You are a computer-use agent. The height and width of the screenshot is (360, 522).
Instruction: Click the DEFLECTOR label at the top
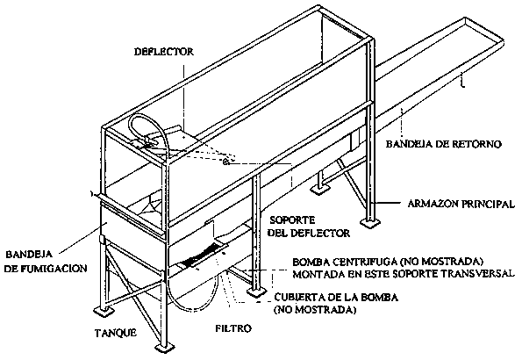pyautogui.click(x=163, y=52)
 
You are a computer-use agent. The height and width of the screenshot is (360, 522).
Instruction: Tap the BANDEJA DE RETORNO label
pyautogui.click(x=443, y=144)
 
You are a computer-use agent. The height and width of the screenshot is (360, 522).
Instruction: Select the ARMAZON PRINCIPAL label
pyautogui.click(x=461, y=204)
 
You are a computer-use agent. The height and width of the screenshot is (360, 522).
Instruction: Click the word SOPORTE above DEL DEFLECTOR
pyautogui.click(x=292, y=220)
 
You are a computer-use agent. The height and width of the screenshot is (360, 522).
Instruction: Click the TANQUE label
pyautogui.click(x=116, y=333)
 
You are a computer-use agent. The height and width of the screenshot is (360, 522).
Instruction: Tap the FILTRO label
pyautogui.click(x=233, y=328)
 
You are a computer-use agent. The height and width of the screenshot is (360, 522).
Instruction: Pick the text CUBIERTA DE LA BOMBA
pyautogui.click(x=336, y=297)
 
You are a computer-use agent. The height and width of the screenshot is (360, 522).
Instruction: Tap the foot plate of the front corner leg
pyautogui.click(x=165, y=348)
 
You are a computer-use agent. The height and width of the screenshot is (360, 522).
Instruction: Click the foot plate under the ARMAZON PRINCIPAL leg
pyautogui.click(x=370, y=222)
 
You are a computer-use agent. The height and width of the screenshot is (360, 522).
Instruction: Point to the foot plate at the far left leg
pyautogui.click(x=104, y=311)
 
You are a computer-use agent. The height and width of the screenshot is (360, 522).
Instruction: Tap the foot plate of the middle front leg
pyautogui.click(x=256, y=293)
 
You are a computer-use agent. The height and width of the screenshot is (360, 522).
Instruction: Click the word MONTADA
pyautogui.click(x=316, y=273)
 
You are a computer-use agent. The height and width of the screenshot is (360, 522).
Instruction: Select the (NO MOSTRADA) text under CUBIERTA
pyautogui.click(x=315, y=310)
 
